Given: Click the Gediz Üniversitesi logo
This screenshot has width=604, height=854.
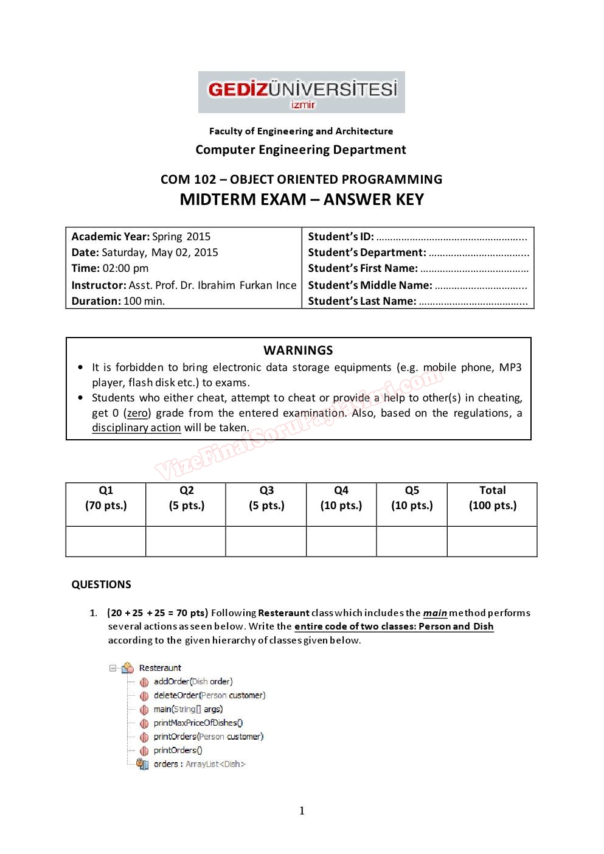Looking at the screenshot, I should tap(302, 92).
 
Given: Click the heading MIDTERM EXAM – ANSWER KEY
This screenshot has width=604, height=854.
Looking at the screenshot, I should tap(302, 200).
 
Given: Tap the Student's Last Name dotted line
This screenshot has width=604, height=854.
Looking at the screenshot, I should tap(473, 302).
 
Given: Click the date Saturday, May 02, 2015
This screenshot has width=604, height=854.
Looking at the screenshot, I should tap(159, 252).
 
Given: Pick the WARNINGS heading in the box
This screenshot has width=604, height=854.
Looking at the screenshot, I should tap(298, 350).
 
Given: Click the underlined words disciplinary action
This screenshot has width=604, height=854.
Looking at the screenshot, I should tap(136, 428).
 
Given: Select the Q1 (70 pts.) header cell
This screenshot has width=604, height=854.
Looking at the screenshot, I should tap(106, 498).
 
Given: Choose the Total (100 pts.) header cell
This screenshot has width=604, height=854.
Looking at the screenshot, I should tap(492, 498).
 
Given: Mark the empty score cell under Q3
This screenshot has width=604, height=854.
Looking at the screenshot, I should tap(266, 541).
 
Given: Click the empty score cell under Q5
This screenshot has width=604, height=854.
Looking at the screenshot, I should tap(412, 541).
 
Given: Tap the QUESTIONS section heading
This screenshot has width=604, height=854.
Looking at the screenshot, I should tap(101, 585).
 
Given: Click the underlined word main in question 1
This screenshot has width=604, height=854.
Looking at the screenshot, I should tap(435, 613).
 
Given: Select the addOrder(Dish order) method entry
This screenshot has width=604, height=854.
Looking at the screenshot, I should tap(193, 682).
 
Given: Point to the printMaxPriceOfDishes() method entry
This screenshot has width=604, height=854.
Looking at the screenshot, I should tap(198, 723).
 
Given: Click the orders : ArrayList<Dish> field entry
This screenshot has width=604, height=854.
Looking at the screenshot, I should tap(199, 765).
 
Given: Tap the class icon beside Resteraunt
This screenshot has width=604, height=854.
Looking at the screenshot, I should tap(128, 668).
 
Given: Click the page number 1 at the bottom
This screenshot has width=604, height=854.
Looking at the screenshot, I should tap(302, 811).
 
